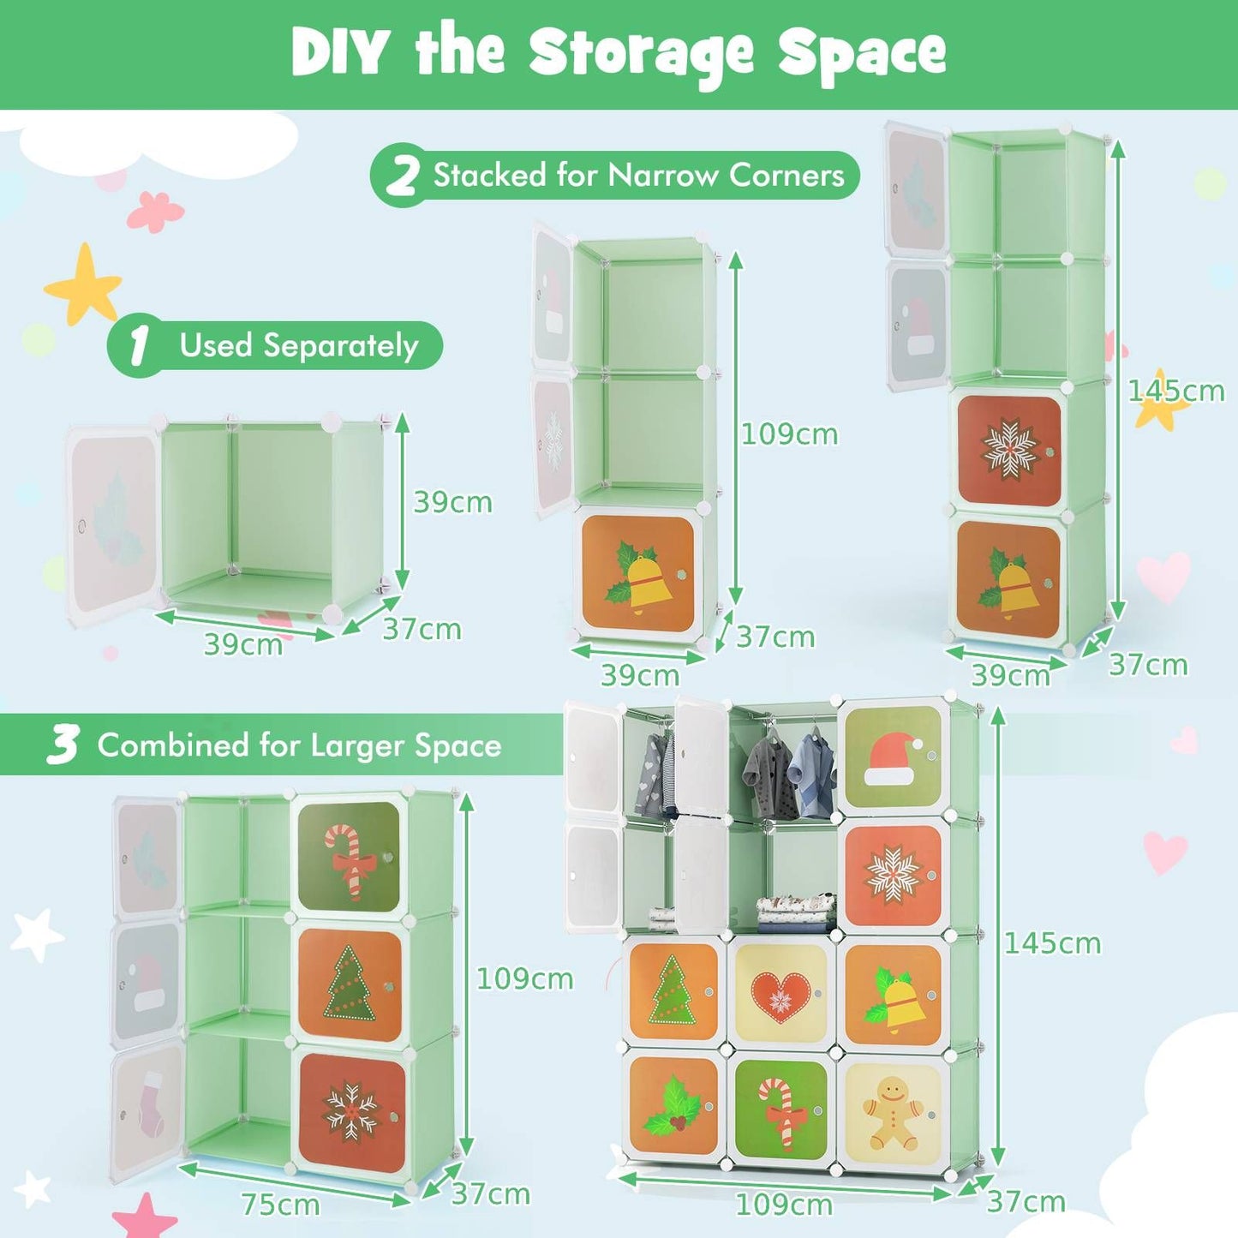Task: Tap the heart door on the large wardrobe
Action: click(780, 995)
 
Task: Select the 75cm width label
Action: click(280, 1204)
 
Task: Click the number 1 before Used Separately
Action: click(138, 346)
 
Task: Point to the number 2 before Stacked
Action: click(401, 176)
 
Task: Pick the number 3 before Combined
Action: click(63, 745)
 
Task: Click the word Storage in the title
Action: click(642, 53)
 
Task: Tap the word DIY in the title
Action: click(341, 53)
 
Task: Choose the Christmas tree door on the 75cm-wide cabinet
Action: click(350, 984)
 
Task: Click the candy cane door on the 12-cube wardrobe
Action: click(780, 1111)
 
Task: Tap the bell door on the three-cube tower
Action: click(638, 574)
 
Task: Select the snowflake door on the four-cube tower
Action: click(1009, 450)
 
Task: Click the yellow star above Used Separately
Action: click(84, 285)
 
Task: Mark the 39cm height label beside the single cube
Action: click(452, 502)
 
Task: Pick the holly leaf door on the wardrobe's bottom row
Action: click(673, 1105)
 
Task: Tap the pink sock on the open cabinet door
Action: click(150, 1103)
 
